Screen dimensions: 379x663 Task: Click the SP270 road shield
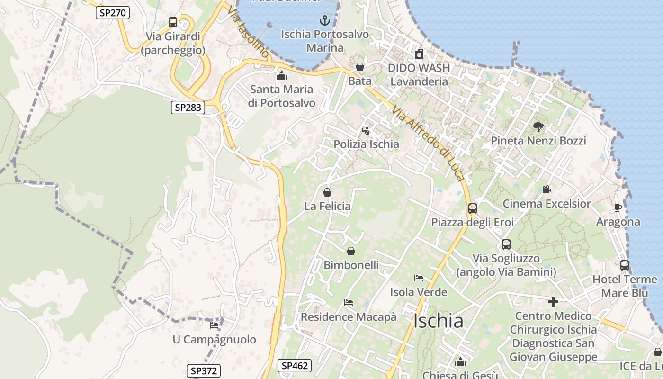pyautogui.click(x=113, y=12)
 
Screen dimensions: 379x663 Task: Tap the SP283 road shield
pyautogui.click(x=188, y=108)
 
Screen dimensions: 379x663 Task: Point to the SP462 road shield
pyautogui.click(x=294, y=365)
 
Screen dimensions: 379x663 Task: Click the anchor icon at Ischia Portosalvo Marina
pyautogui.click(x=324, y=20)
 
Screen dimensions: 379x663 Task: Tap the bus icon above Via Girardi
pyautogui.click(x=173, y=22)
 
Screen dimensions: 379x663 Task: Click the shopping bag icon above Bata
pyautogui.click(x=360, y=67)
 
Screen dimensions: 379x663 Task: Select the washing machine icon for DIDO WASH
pyautogui.click(x=419, y=54)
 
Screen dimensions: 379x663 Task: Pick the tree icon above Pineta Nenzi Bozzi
pyautogui.click(x=538, y=126)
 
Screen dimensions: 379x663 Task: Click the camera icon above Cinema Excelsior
pyautogui.click(x=547, y=189)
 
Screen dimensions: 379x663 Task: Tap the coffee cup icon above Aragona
pyautogui.click(x=618, y=208)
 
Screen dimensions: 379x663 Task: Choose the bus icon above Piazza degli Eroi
pyautogui.click(x=472, y=208)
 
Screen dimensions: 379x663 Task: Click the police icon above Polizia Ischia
pyautogui.click(x=366, y=130)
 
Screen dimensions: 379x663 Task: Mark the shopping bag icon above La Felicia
pyautogui.click(x=327, y=192)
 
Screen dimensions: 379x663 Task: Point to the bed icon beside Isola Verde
pyautogui.click(x=418, y=278)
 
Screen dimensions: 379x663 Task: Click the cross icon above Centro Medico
pyautogui.click(x=553, y=301)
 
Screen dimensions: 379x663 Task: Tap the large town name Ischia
pyautogui.click(x=438, y=321)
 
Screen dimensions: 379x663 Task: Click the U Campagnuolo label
pyautogui.click(x=214, y=340)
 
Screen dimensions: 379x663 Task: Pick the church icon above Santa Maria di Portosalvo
pyautogui.click(x=282, y=75)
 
